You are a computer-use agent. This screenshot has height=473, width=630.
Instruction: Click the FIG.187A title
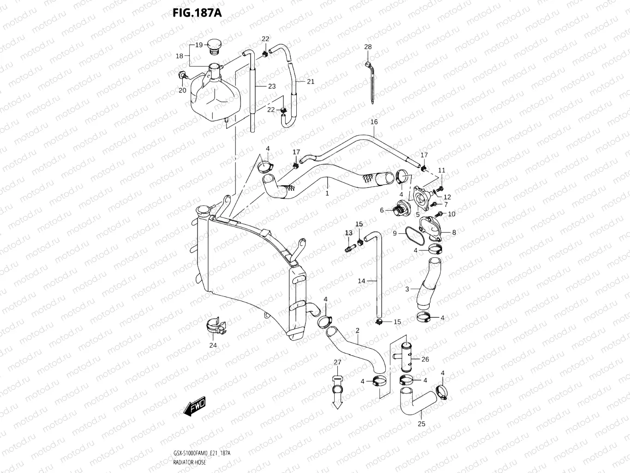click(197, 12)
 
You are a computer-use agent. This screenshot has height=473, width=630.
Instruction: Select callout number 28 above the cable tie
click(367, 47)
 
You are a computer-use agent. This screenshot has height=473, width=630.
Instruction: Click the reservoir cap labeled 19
click(215, 45)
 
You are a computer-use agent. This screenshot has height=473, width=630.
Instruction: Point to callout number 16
click(374, 122)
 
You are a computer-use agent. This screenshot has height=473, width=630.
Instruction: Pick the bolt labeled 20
click(182, 75)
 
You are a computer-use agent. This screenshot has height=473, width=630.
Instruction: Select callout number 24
click(213, 345)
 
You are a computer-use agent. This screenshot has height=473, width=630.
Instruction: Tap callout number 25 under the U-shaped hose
click(421, 424)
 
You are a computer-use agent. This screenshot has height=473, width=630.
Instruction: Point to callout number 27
click(337, 362)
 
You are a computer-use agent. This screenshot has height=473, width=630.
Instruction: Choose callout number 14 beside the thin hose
click(361, 281)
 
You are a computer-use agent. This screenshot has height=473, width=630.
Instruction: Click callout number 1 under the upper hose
click(327, 194)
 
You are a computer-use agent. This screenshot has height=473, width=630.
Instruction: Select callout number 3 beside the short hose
click(407, 289)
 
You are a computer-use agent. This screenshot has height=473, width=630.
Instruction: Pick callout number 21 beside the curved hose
click(310, 81)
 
